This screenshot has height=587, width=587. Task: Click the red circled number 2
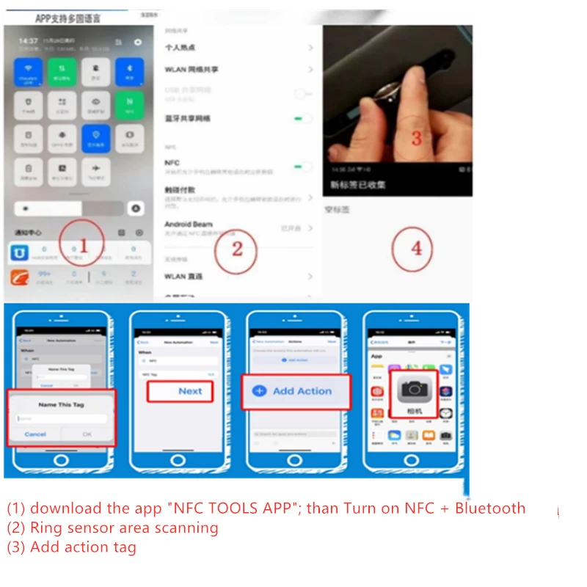tap(236, 249)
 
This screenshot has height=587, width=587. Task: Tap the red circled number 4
tap(416, 248)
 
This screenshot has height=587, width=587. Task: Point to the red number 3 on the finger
tap(416, 137)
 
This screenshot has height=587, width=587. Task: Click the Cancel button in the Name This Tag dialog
tap(35, 434)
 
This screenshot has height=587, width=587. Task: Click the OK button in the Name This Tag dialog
tap(87, 434)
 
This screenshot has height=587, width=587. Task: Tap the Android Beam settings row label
tap(188, 224)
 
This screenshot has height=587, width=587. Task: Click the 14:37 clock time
tap(28, 41)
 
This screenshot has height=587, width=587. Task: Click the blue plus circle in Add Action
tap(259, 391)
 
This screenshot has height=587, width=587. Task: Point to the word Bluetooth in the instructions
tap(489, 508)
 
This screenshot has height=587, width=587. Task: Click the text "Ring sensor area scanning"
tap(124, 528)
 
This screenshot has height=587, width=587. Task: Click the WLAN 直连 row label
tap(183, 277)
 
